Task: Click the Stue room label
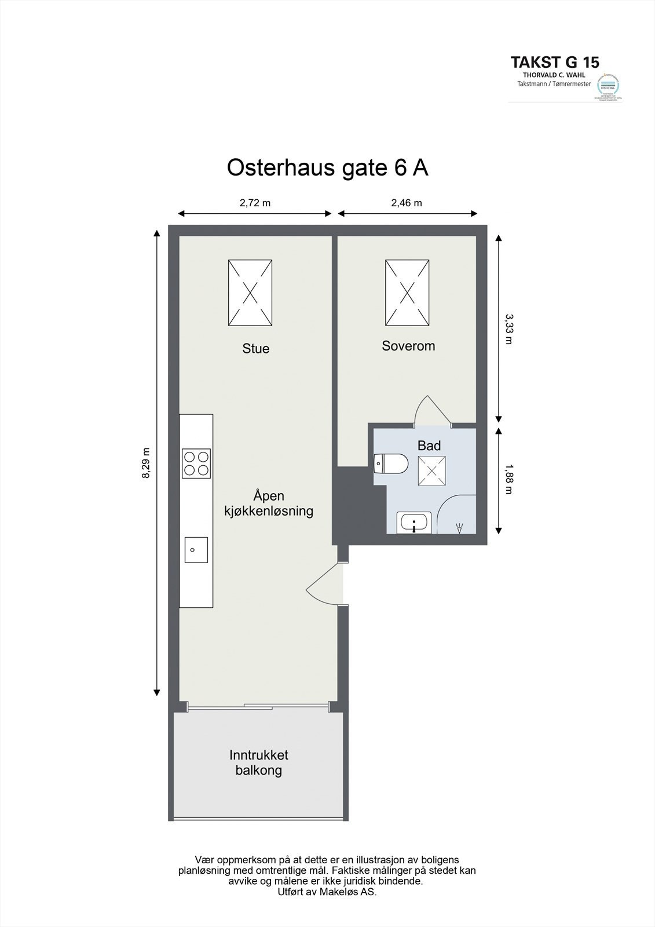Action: pyautogui.click(x=255, y=348)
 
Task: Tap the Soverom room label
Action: pyautogui.click(x=408, y=346)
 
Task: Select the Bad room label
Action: pyautogui.click(x=429, y=446)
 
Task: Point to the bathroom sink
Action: pyautogui.click(x=414, y=523)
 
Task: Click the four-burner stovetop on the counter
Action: pyautogui.click(x=196, y=463)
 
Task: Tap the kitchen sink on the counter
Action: pyautogui.click(x=196, y=549)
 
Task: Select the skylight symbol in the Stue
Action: pyautogui.click(x=250, y=292)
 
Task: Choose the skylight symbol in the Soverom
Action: pyautogui.click(x=408, y=292)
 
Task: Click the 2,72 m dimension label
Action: pyautogui.click(x=255, y=203)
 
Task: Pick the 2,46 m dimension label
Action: pyautogui.click(x=407, y=203)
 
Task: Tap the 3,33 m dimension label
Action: pyautogui.click(x=508, y=329)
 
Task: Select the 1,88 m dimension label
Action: pyautogui.click(x=508, y=479)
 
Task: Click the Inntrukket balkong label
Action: pyautogui.click(x=258, y=762)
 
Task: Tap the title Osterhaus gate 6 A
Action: pyautogui.click(x=327, y=168)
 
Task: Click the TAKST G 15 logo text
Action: pyautogui.click(x=554, y=62)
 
